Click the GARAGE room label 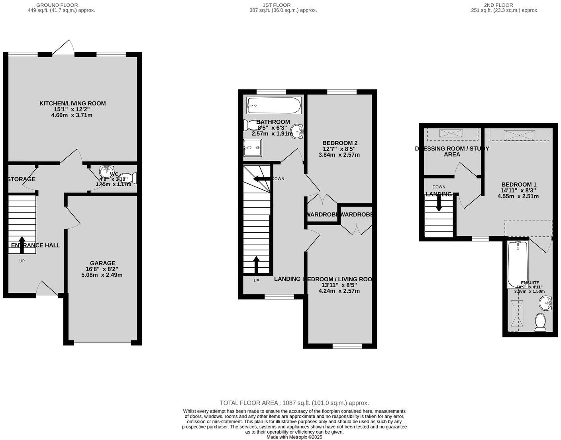click(102, 263)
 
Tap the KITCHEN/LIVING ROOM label click(73, 103)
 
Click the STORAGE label click(22, 179)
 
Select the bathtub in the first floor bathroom click(273, 105)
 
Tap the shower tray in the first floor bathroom click(253, 148)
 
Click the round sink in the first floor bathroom click(297, 131)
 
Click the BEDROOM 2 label click(339, 143)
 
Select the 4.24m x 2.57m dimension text click(339, 291)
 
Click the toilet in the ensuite click(540, 322)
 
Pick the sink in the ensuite click(545, 304)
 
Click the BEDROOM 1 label click(518, 184)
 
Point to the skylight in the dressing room click(451, 133)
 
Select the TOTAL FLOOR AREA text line click(294, 403)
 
